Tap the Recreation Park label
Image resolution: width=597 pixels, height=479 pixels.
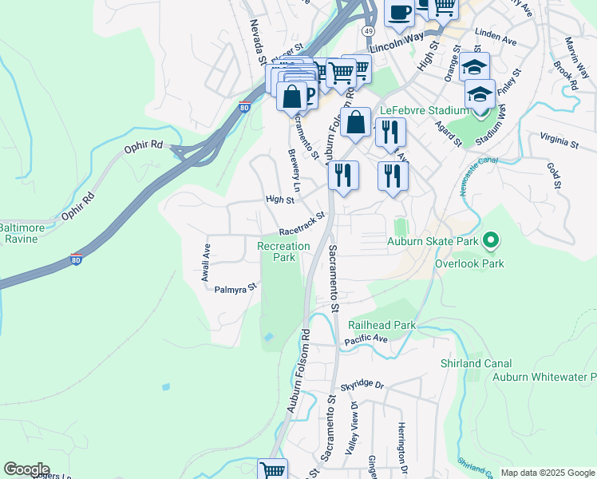point(283,251)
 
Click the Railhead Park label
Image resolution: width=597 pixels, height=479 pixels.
point(382,325)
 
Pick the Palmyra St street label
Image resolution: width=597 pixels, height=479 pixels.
point(236,287)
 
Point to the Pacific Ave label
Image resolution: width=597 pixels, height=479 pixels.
point(366,340)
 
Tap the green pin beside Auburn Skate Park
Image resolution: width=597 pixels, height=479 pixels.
point(492,239)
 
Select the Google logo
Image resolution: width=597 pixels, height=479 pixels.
point(26,469)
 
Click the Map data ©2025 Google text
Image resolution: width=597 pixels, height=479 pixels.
point(547,473)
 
